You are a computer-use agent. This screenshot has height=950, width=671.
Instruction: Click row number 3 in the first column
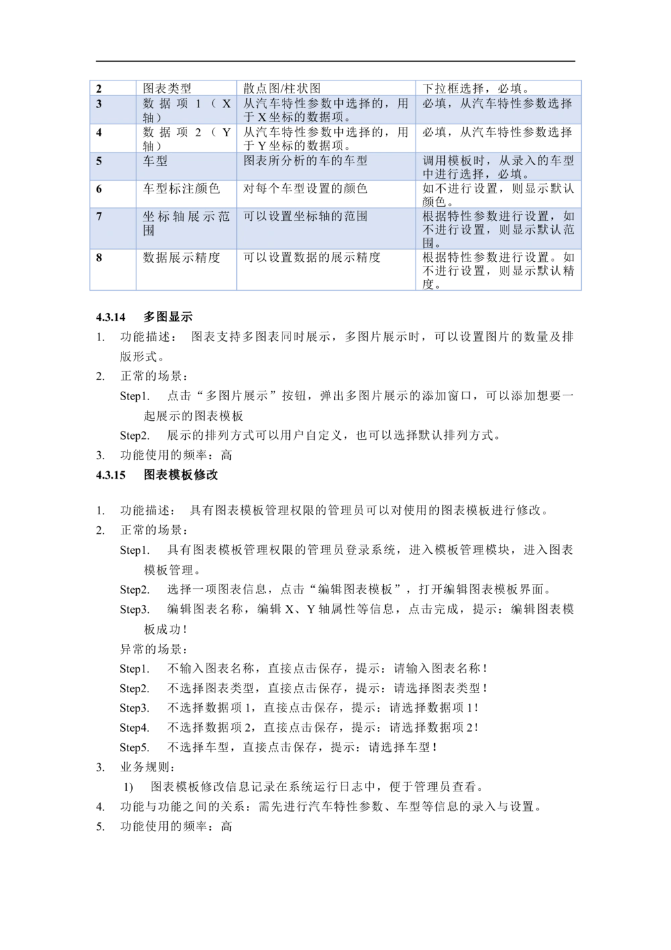pos(99,104)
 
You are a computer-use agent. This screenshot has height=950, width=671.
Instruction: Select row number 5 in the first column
pos(99,161)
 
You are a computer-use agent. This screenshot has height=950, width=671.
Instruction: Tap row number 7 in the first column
pos(99,217)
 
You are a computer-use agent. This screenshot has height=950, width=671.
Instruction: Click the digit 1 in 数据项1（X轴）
pos(199,104)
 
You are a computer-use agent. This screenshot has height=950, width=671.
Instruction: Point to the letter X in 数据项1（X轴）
pos(226,104)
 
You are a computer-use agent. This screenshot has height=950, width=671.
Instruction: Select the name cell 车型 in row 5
pos(155,161)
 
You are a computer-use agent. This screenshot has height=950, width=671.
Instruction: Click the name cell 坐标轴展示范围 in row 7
pos(186,223)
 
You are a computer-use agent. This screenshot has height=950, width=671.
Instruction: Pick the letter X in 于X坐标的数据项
pos(262,117)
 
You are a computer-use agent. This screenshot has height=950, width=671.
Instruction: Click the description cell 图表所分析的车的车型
pos(305,161)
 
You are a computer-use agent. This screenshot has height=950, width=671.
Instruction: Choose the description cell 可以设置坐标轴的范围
pos(305,217)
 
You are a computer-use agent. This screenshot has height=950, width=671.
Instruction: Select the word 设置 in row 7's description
pos(280,217)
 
